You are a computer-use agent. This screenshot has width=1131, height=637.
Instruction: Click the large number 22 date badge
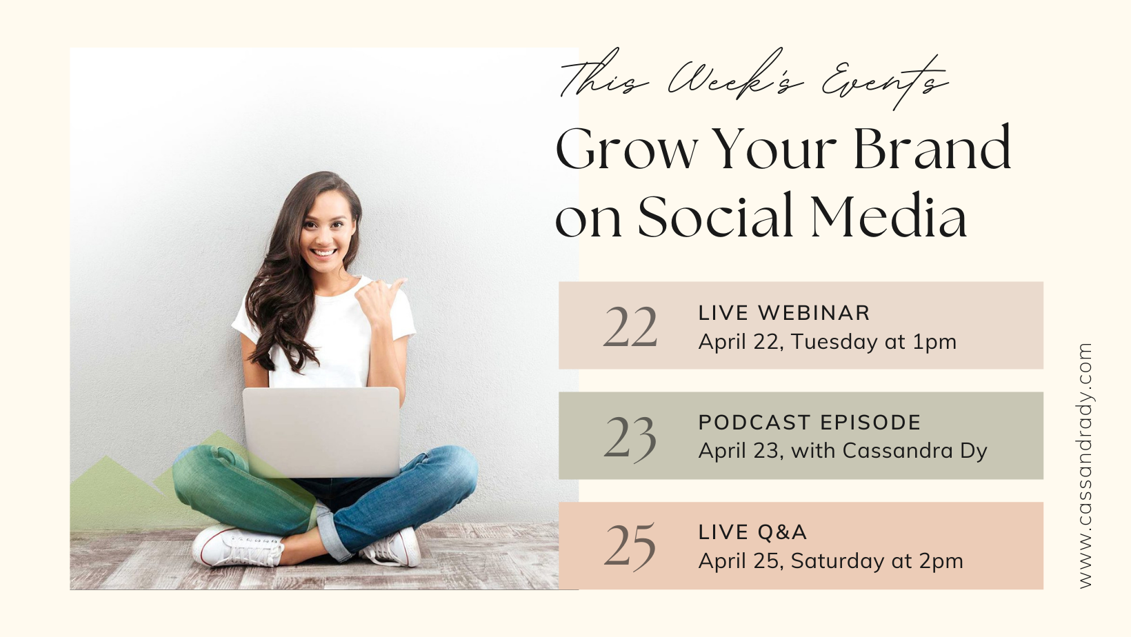pos(630,327)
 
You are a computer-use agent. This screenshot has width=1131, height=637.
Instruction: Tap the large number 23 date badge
pos(630,437)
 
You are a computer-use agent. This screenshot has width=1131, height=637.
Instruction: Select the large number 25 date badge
pos(630,547)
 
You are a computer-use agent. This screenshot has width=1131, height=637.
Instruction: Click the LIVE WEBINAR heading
pos(784,313)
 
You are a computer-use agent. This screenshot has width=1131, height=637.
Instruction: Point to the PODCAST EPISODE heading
pos(810,423)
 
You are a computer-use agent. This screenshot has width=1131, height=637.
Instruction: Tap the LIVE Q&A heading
pos(752,532)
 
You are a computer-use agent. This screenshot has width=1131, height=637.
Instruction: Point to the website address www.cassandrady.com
pos(1085,465)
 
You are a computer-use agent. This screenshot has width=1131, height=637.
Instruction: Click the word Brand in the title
pos(932,148)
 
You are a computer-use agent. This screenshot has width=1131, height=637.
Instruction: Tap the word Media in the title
pos(889,215)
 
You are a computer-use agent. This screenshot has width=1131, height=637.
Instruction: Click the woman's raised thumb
pos(397,286)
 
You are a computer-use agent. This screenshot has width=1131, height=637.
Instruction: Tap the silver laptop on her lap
pos(321,432)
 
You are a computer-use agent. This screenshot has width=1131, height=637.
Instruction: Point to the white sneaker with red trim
pos(237,547)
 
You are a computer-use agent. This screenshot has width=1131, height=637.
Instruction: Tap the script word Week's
pos(735,76)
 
